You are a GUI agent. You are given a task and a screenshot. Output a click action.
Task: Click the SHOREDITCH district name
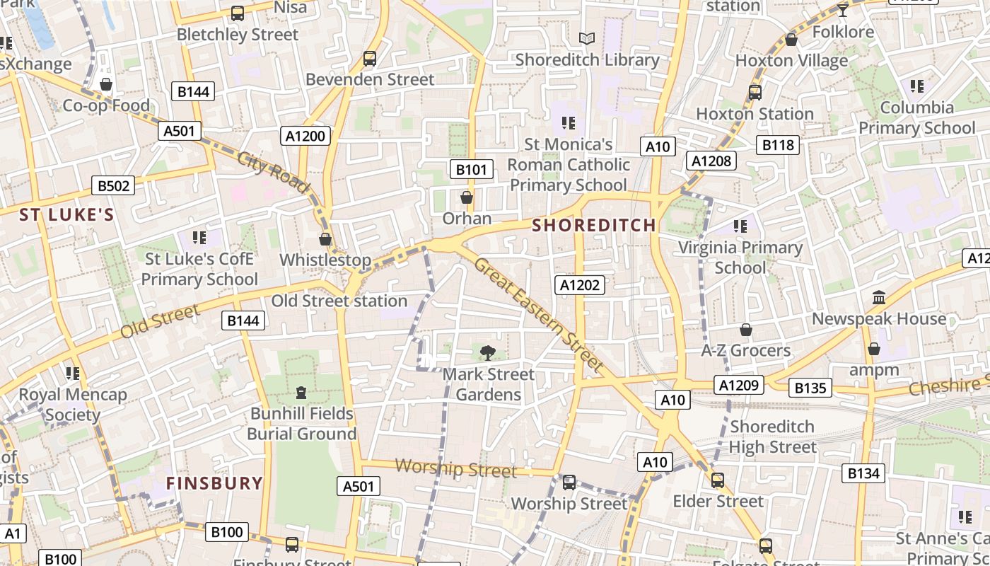[594, 226]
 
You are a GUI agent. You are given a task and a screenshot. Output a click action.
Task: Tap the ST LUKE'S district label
[66, 215]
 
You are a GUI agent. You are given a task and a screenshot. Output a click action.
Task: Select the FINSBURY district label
[214, 483]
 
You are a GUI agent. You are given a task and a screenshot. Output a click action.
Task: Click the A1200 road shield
[305, 136]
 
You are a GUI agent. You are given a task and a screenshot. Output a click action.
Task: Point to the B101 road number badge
[471, 169]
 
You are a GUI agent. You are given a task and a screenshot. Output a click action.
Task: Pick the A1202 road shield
[580, 284]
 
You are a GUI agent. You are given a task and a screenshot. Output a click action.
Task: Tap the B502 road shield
[113, 186]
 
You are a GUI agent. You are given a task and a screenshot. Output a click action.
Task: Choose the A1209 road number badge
[740, 385]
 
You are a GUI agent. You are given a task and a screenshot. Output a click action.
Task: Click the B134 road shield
[863, 473]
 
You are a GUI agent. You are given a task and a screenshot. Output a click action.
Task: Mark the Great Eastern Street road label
[537, 315]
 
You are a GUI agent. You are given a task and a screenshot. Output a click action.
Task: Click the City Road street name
[274, 172]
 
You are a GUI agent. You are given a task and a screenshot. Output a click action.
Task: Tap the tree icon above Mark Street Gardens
[487, 352]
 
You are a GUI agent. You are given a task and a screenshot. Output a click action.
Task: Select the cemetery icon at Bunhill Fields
[301, 392]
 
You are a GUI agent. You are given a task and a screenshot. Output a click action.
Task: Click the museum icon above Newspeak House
[879, 298]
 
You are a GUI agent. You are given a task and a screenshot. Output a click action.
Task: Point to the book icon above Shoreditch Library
[586, 39]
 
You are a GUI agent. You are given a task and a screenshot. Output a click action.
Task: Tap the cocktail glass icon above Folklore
[842, 10]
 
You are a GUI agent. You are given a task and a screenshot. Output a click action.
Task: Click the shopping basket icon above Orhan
[467, 197]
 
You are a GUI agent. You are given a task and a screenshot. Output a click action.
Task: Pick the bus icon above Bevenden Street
[370, 59]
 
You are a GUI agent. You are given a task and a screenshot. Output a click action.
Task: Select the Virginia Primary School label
[740, 258]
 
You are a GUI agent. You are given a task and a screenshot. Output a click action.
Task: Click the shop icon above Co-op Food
[106, 85]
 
